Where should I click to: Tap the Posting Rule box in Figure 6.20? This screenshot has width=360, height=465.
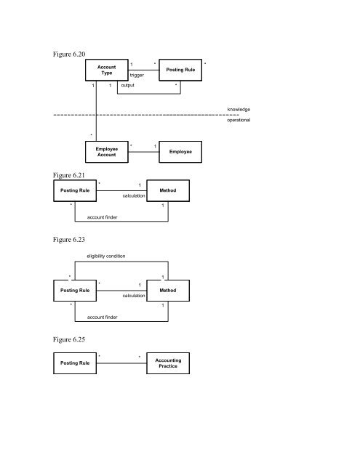(x=180, y=70)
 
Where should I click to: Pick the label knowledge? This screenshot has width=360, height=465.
(x=239, y=109)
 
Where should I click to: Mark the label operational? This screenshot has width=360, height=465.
(x=238, y=120)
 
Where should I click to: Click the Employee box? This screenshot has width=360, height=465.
(x=180, y=151)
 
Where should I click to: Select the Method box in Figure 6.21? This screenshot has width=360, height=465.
(x=168, y=191)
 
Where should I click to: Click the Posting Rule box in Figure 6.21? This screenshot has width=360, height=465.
(x=76, y=191)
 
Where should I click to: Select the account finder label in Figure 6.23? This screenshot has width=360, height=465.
(x=103, y=318)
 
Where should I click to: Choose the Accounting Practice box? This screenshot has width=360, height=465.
(x=168, y=363)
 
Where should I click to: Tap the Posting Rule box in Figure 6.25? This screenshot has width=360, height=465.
(x=76, y=363)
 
